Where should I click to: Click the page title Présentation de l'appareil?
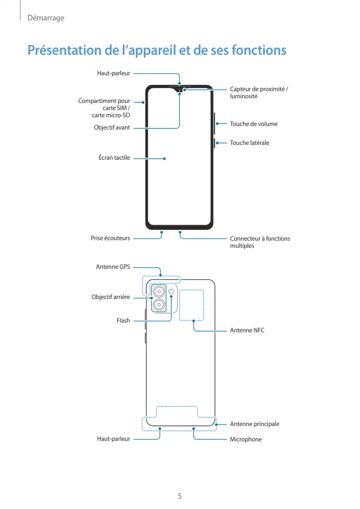[157, 51]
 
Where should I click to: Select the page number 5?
[180, 496]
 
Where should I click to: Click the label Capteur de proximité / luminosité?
[259, 93]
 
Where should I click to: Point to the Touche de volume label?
[253, 124]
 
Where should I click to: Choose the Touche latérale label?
[249, 143]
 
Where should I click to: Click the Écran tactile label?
[114, 158]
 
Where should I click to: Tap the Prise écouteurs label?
[110, 238]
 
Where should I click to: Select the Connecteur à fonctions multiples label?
[260, 242]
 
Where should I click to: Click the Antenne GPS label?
[113, 267]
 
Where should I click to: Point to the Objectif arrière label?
[111, 297]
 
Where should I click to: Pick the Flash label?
[123, 321]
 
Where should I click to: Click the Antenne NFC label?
[247, 331]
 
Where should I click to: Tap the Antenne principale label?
[255, 424]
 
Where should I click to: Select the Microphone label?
[246, 439]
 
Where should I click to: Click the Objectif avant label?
[112, 128]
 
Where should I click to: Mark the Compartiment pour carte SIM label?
[104, 108]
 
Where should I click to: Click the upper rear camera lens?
[159, 292]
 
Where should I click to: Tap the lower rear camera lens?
[159, 305]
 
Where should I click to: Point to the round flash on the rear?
[171, 292]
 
